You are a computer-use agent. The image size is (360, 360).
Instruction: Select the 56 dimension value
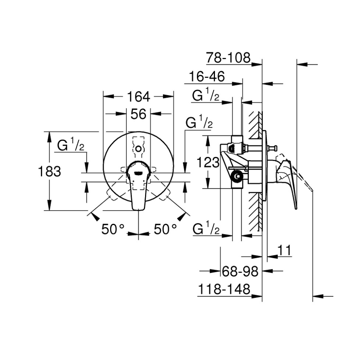(x=139, y=114)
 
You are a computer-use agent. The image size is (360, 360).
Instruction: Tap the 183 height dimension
(x=50, y=171)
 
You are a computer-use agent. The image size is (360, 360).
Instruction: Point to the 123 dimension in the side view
(x=208, y=163)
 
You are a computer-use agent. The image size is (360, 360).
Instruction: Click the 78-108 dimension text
(x=228, y=58)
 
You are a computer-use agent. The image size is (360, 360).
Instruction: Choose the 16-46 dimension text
(x=207, y=76)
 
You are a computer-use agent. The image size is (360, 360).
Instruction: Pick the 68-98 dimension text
(x=240, y=271)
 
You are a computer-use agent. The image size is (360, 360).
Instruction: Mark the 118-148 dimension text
(x=224, y=289)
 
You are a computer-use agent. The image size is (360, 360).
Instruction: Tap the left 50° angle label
(x=113, y=229)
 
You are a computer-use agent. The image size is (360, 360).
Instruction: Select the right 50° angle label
(x=165, y=229)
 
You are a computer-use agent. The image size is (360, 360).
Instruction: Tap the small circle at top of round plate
(x=139, y=149)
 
